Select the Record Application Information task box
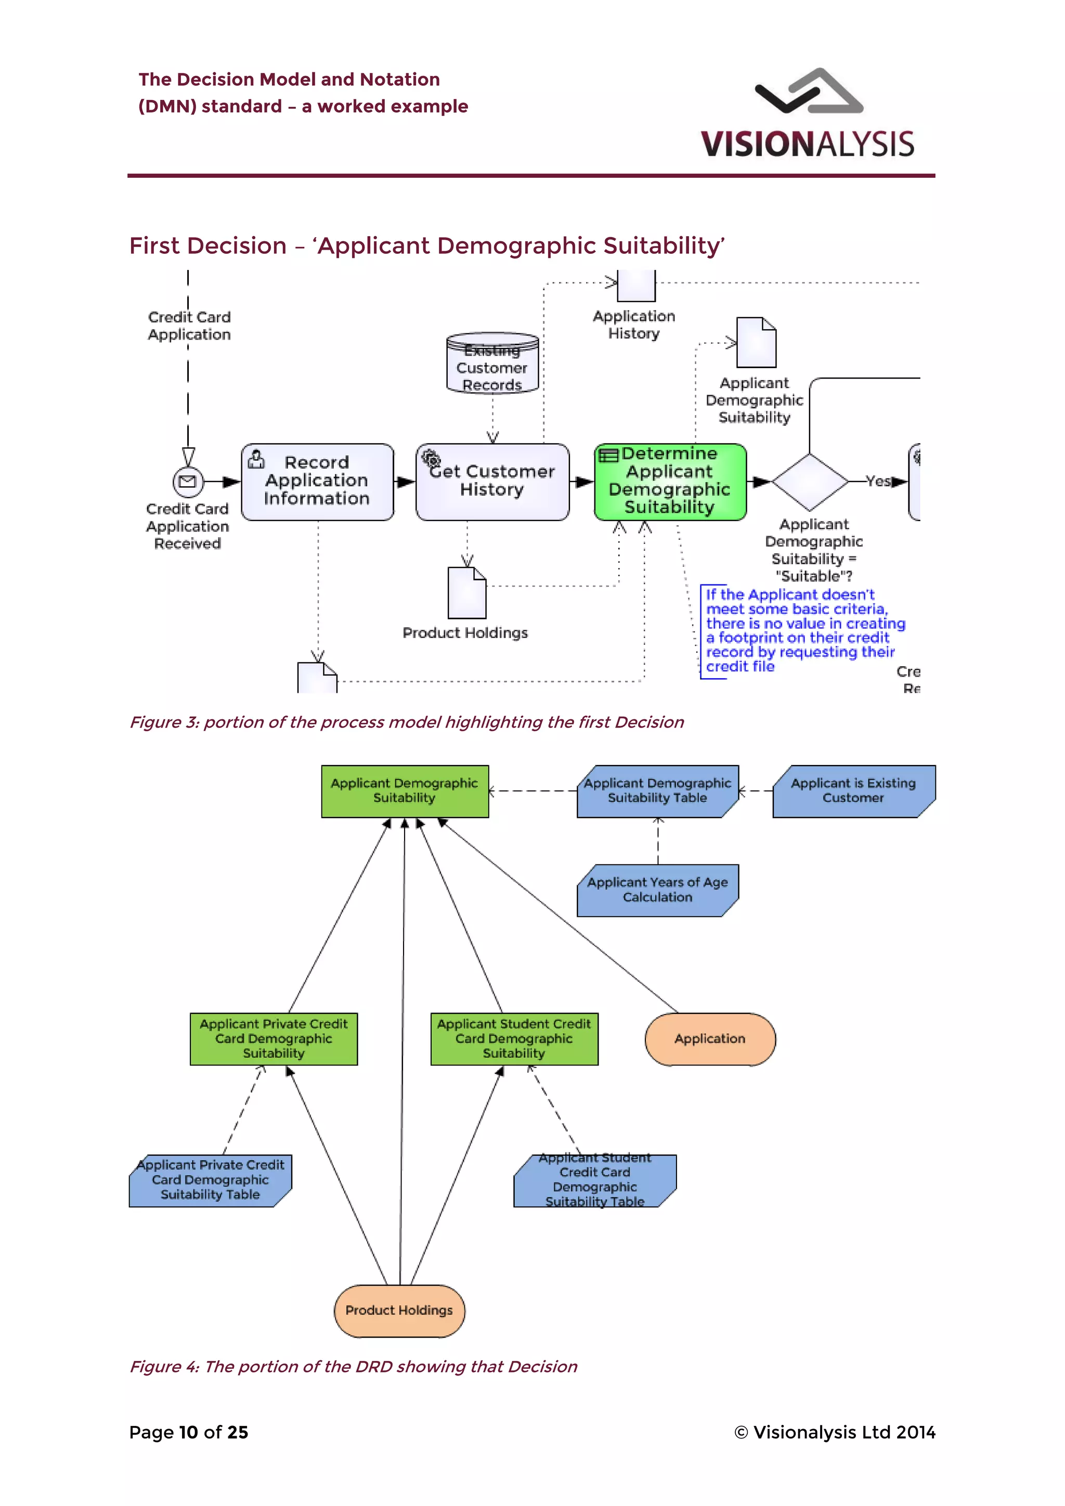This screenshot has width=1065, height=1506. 317,482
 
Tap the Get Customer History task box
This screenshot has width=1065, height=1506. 492,482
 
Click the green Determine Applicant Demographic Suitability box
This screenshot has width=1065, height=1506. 670,482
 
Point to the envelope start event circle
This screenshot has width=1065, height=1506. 188,482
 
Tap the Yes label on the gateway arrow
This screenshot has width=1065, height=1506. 877,481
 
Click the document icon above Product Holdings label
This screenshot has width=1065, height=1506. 467,593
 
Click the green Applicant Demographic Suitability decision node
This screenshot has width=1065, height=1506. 405,791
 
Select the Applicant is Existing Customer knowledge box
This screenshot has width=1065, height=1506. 853,791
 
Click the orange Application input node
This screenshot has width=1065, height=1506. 710,1039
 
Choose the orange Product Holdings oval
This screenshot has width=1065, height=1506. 399,1310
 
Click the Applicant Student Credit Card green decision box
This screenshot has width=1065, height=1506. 514,1039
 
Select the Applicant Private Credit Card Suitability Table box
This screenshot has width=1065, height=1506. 210,1180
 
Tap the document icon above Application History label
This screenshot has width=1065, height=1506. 636,285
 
